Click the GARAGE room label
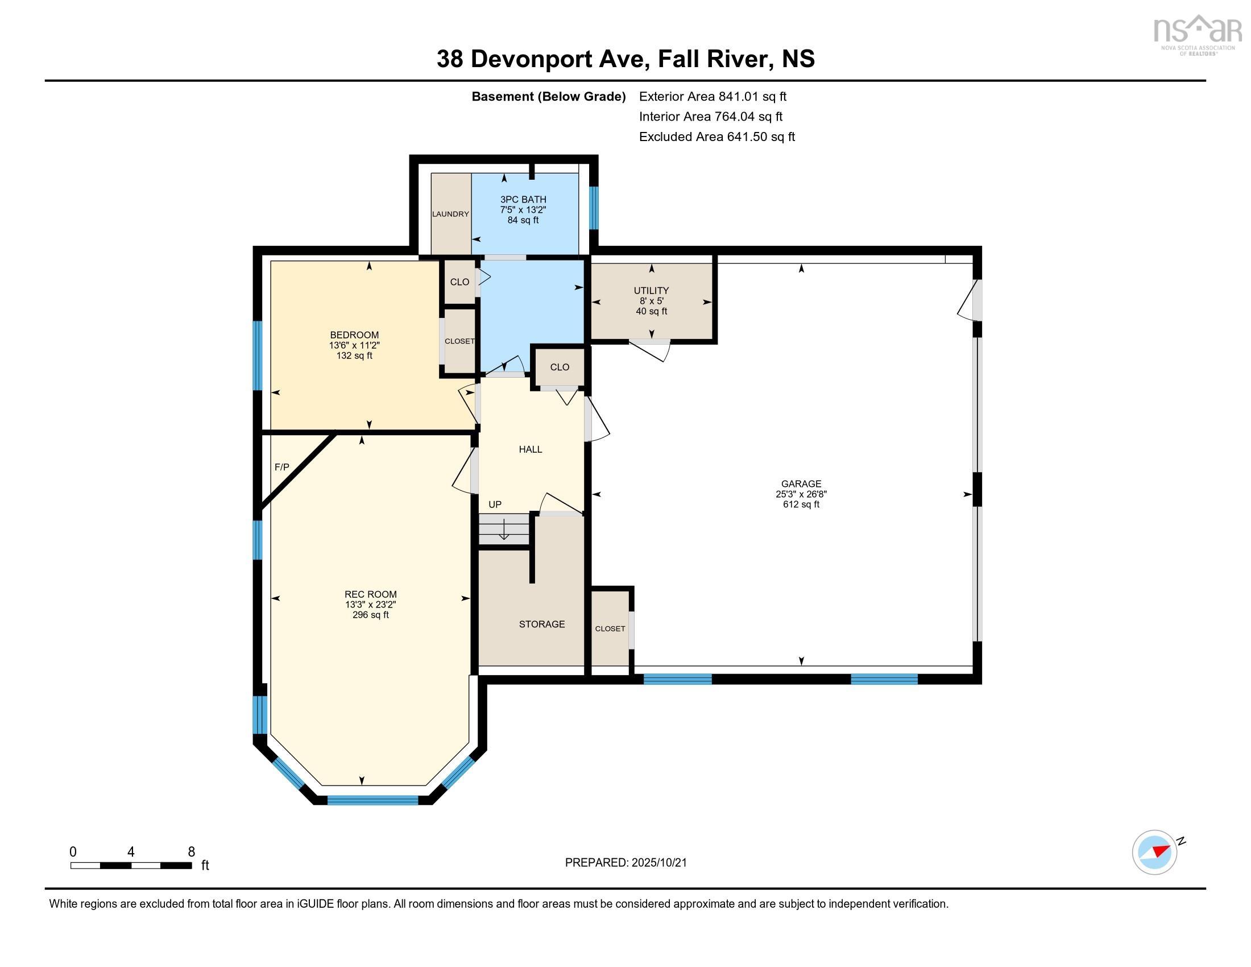[x=801, y=483]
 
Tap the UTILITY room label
[x=651, y=291]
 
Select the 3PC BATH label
[x=523, y=199]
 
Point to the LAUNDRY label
[x=450, y=214]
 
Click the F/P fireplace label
[x=282, y=467]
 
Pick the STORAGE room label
[x=542, y=624]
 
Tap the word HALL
[x=531, y=449]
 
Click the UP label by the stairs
[x=495, y=504]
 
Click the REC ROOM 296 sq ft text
[x=371, y=615]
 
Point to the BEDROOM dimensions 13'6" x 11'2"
[x=354, y=345]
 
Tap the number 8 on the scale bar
[x=191, y=852]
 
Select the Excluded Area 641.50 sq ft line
[x=716, y=137]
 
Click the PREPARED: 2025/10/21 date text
[x=625, y=863]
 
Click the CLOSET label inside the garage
[x=610, y=629]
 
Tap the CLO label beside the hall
[x=560, y=367]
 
